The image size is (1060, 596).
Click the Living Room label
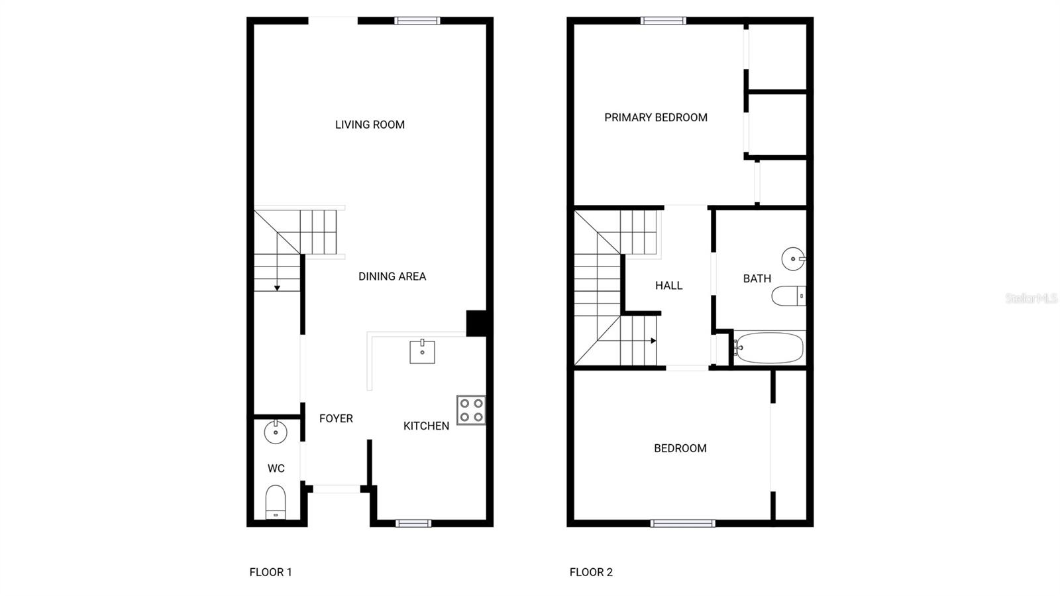click(x=370, y=125)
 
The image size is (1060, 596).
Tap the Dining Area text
click(x=392, y=276)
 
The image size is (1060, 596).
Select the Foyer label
click(x=336, y=418)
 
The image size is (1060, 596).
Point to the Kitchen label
click(x=426, y=426)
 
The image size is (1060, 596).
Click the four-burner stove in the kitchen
click(x=471, y=410)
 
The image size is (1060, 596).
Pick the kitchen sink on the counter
click(x=422, y=351)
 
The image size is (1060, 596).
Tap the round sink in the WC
click(x=276, y=432)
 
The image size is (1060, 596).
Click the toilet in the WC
click(x=276, y=502)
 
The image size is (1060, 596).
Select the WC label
click(x=276, y=469)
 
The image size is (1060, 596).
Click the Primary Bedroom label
click(x=656, y=117)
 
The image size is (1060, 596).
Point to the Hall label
click(x=668, y=286)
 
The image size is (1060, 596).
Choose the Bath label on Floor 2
click(x=757, y=279)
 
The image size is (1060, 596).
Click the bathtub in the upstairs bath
click(x=769, y=348)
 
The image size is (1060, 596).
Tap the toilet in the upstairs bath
click(x=788, y=296)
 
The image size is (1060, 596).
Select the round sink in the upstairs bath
click(x=793, y=259)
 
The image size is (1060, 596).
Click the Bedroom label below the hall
click(x=680, y=448)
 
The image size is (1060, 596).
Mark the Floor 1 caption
click(x=271, y=572)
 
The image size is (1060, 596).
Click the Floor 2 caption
click(x=591, y=572)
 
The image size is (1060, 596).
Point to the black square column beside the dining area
click(x=476, y=324)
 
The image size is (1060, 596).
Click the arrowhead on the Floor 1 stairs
click(x=278, y=288)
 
